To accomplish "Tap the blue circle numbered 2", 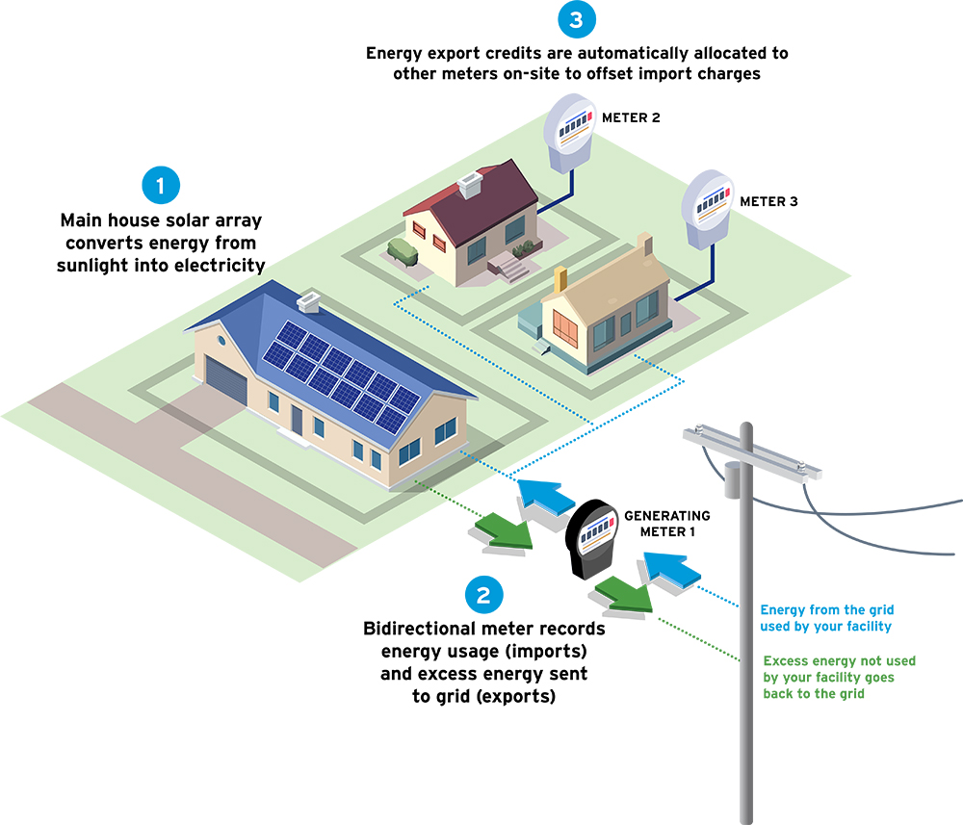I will [483, 595].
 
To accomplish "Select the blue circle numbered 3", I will [577, 19].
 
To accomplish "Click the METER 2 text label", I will [631, 117].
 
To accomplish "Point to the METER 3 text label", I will [768, 202].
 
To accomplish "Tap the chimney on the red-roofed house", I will [471, 184].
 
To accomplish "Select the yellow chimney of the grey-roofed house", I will [560, 280].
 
